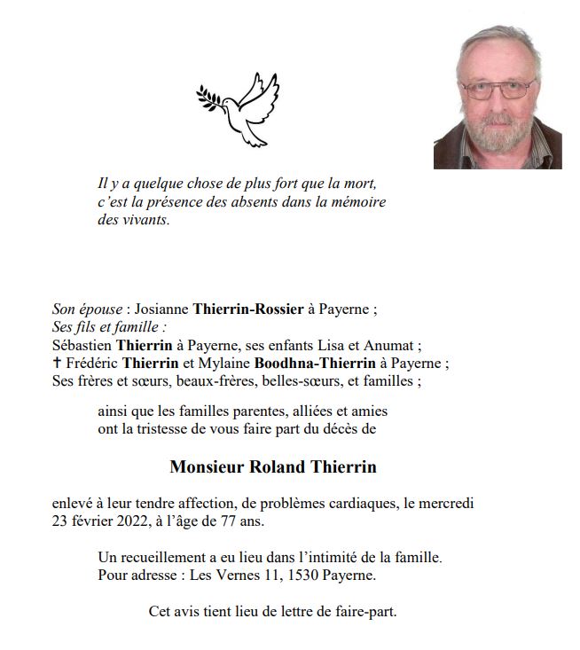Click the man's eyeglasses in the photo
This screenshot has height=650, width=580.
[498, 90]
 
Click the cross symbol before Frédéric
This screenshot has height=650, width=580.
[58, 364]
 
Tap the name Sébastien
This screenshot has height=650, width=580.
[82, 346]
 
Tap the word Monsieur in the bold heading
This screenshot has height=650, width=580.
[209, 466]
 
